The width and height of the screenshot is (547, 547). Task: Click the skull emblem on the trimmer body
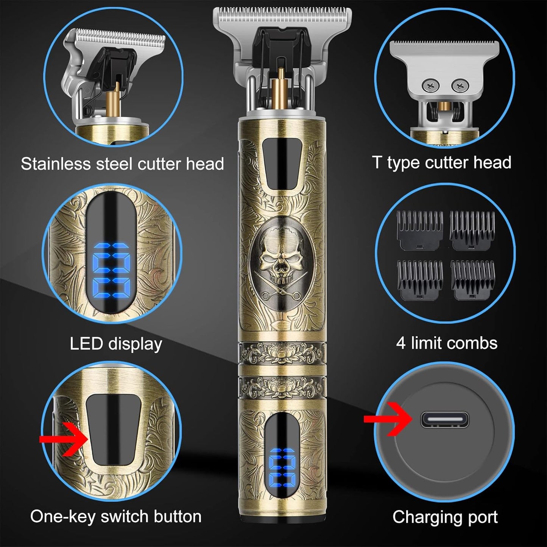click(282, 257)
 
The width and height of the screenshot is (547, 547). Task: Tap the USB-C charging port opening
click(444, 419)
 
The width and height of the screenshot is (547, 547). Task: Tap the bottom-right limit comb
click(473, 280)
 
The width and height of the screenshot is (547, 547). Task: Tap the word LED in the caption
click(86, 344)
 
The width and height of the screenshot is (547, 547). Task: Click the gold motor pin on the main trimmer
click(281, 89)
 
